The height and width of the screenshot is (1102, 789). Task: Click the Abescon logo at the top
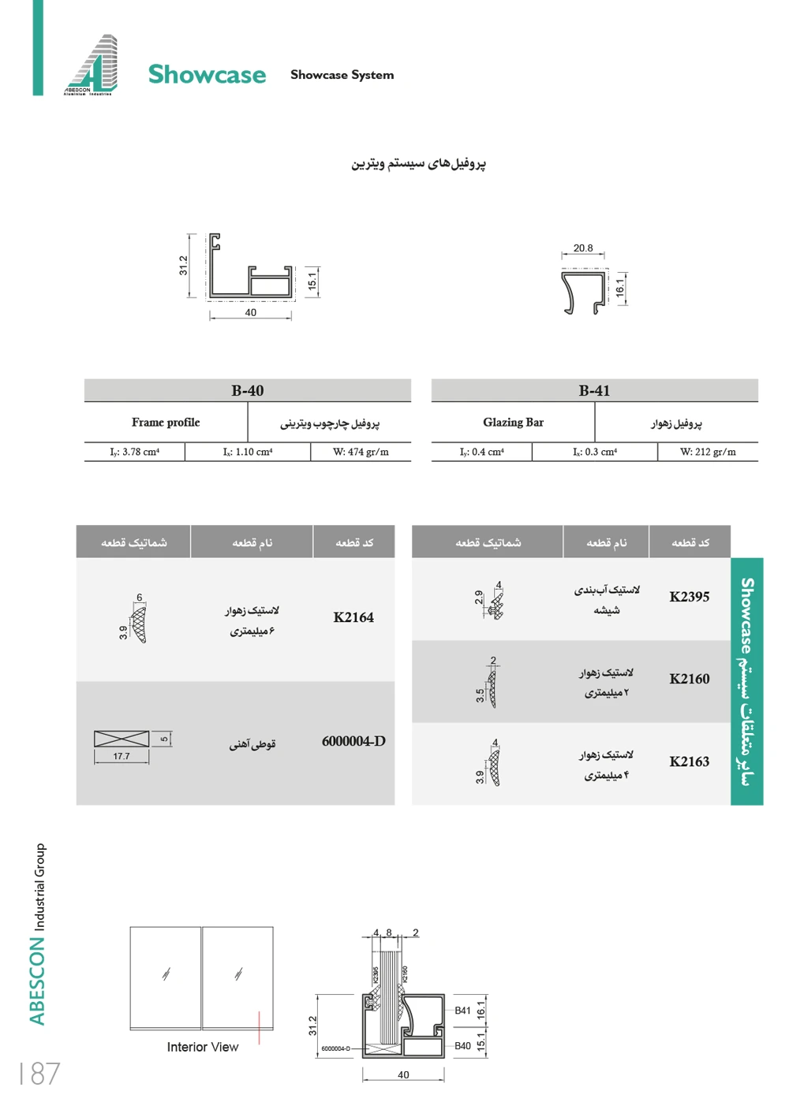pyautogui.click(x=92, y=65)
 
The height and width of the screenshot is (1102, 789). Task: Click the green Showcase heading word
pyautogui.click(x=207, y=74)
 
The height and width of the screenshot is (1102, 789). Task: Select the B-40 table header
pyautogui.click(x=247, y=390)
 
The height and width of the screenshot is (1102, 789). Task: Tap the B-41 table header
pyautogui.click(x=594, y=390)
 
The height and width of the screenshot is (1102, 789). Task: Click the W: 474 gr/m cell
pyautogui.click(x=361, y=452)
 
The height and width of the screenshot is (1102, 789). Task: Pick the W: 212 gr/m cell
pyautogui.click(x=708, y=452)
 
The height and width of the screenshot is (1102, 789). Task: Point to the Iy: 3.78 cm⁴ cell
pyautogui.click(x=135, y=452)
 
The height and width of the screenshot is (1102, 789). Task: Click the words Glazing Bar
pyautogui.click(x=513, y=423)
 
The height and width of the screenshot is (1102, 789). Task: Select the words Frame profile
pyautogui.click(x=166, y=423)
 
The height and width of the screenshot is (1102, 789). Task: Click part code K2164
pyautogui.click(x=353, y=617)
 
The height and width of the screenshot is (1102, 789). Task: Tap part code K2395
pyautogui.click(x=690, y=597)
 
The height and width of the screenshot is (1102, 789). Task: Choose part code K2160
pyautogui.click(x=690, y=679)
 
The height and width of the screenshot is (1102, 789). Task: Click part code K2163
pyautogui.click(x=690, y=761)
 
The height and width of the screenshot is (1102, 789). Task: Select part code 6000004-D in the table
pyautogui.click(x=353, y=741)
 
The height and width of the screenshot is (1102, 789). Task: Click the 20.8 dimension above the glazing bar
pyautogui.click(x=583, y=248)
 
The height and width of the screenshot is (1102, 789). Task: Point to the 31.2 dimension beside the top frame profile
pyautogui.click(x=183, y=266)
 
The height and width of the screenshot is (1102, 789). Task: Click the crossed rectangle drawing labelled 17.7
pyautogui.click(x=122, y=739)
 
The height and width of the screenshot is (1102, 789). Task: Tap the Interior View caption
pyautogui.click(x=203, y=1047)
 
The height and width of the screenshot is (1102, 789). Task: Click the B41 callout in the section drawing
pyautogui.click(x=463, y=1011)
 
